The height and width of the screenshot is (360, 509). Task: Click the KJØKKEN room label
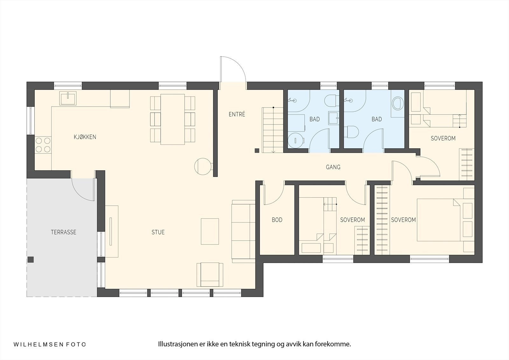85,137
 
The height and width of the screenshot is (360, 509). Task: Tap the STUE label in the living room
158,232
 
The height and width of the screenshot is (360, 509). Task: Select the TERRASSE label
63,232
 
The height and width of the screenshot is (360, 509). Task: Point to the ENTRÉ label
237,114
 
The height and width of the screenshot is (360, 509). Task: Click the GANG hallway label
333,167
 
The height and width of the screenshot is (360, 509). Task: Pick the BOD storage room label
277,220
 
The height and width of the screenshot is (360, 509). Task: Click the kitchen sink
68,98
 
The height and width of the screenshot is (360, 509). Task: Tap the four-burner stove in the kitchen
43,145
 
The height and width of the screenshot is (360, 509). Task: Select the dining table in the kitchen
173,119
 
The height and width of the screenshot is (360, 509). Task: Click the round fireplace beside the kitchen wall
203,166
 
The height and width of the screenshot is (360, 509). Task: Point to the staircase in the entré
273,130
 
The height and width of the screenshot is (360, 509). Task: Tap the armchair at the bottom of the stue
210,274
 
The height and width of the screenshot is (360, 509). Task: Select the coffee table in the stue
210,231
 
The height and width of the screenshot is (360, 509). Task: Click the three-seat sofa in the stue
243,231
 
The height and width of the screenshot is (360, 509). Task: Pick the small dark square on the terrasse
31,260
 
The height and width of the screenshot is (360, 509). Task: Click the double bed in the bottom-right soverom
439,220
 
